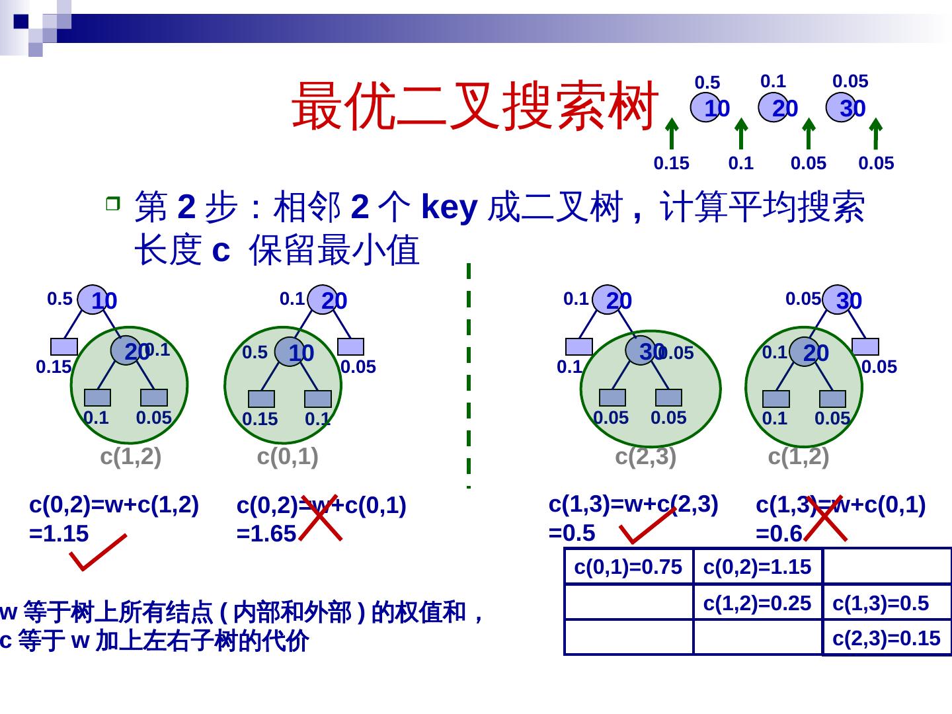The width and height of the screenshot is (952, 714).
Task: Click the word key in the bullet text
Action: tap(449, 207)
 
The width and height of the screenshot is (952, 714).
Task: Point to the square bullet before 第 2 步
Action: tap(113, 204)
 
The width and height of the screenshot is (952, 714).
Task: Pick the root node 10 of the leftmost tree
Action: tap(93, 299)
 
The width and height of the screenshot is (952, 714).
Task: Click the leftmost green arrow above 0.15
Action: tap(672, 134)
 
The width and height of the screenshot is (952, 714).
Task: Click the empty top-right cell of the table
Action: tap(887, 566)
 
